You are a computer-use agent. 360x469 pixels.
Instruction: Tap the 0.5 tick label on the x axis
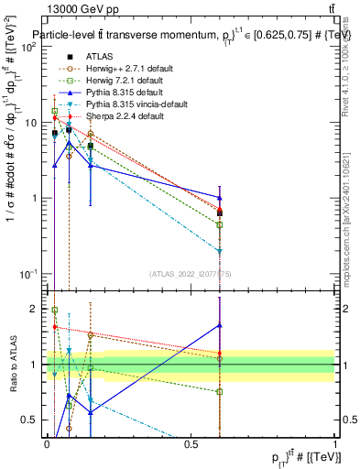[191, 443]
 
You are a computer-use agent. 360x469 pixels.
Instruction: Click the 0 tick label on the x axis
[47, 443]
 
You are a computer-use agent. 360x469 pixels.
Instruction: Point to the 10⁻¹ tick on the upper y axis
[27, 274]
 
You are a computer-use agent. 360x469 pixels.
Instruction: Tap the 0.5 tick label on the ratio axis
[30, 420]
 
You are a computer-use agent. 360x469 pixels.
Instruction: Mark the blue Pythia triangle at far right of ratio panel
[220, 325]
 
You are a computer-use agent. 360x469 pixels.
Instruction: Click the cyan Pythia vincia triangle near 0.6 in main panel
[220, 250]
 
